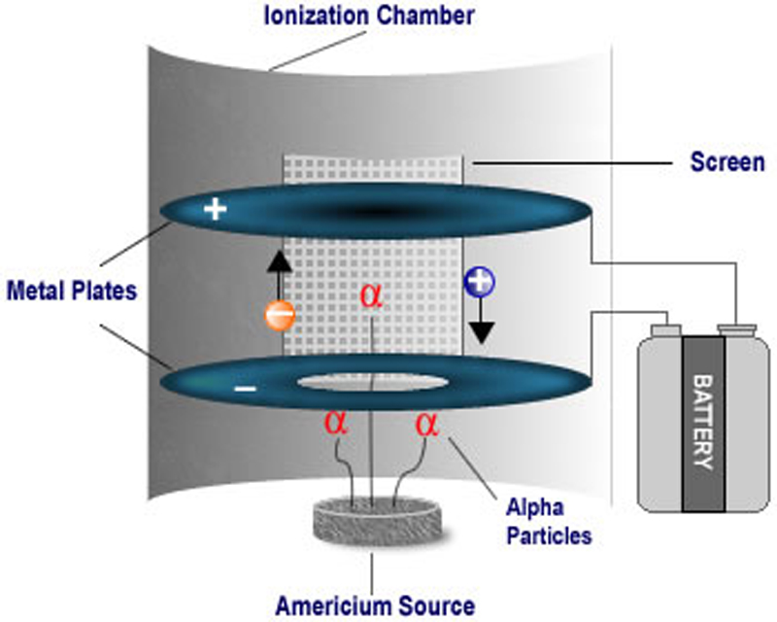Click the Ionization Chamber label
369,16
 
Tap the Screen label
727,162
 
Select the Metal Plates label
72,291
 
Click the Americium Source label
375,605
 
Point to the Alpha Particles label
549,521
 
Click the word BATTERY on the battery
703,422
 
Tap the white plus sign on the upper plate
215,210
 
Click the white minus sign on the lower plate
246,389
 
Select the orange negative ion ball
280,316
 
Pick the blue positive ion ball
479,281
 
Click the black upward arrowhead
280,260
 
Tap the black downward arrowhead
482,332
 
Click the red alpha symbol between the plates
371,295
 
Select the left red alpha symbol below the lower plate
335,423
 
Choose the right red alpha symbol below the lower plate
427,424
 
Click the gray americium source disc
378,522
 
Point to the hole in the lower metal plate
373,382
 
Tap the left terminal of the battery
666,329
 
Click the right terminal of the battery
737,329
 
